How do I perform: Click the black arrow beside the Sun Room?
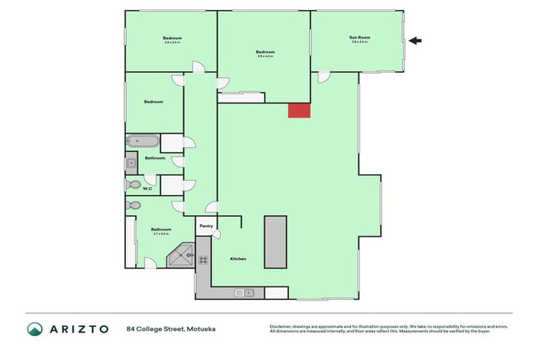click(415, 41)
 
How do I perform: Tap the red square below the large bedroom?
click(299, 110)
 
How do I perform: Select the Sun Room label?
click(359, 37)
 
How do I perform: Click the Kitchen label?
click(238, 259)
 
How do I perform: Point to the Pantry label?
click(206, 226)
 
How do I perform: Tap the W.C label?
click(148, 188)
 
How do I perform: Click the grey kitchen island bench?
click(275, 242)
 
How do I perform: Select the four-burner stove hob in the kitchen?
click(203, 259)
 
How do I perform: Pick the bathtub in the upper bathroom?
click(142, 141)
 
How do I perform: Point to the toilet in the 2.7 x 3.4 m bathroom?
click(134, 205)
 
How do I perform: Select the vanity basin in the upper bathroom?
click(131, 165)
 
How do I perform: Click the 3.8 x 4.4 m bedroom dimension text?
click(265, 56)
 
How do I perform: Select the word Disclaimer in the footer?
click(281, 326)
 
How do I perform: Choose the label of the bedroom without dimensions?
click(153, 102)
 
